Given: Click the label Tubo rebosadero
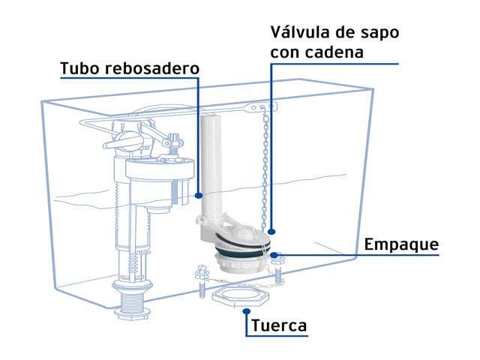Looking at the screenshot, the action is pyautogui.click(x=130, y=68).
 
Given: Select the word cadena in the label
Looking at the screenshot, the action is pyautogui.click(x=335, y=52).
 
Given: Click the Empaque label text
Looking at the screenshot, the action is pyautogui.click(x=402, y=245).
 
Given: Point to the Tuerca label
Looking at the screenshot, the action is pyautogui.click(x=279, y=325).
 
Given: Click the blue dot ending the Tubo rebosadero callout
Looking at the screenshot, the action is pyautogui.click(x=199, y=195).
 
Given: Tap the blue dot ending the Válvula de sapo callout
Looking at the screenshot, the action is pyautogui.click(x=271, y=232).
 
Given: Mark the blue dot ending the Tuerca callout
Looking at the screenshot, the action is pyautogui.click(x=247, y=311).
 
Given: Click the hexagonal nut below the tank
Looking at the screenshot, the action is pyautogui.click(x=241, y=295).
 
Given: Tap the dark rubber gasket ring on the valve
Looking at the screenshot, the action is pyautogui.click(x=243, y=244).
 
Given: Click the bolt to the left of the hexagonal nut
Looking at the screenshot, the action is pyautogui.click(x=202, y=282).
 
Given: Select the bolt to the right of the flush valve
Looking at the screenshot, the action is pyautogui.click(x=277, y=268).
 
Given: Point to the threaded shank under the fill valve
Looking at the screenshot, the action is pyautogui.click(x=133, y=301).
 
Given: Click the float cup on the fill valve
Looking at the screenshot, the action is pyautogui.click(x=160, y=171).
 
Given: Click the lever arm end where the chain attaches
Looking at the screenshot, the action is pyautogui.click(x=262, y=106).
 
